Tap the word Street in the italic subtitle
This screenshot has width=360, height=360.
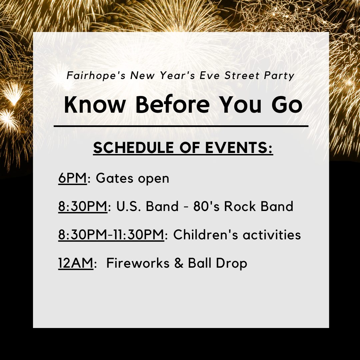click(242, 76)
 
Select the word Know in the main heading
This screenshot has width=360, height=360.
click(95, 104)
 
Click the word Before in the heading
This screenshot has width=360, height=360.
click(172, 104)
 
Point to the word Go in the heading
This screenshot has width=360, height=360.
click(287, 105)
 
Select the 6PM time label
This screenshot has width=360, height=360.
click(73, 178)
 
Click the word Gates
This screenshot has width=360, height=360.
click(114, 178)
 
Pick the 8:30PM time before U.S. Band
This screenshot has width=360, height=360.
click(83, 206)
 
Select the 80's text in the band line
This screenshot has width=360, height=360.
click(206, 206)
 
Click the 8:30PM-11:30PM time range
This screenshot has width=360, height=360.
click(111, 234)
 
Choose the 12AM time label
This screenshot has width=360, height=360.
click(76, 263)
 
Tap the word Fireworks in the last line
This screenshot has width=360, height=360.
click(138, 263)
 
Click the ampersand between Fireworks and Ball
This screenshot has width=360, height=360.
click(179, 263)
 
